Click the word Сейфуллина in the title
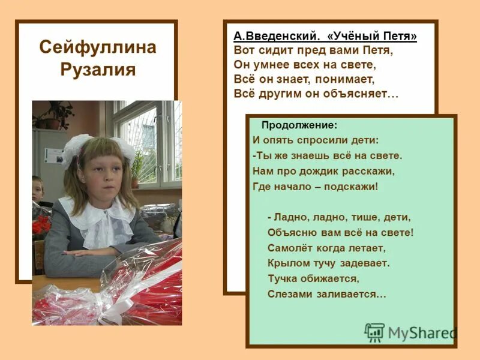[x=97, y=47]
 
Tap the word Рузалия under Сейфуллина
[x=97, y=70]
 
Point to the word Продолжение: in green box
[x=299, y=126]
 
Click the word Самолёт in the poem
[x=290, y=247]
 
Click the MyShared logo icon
[x=374, y=332]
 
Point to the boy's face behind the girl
[x=38, y=190]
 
